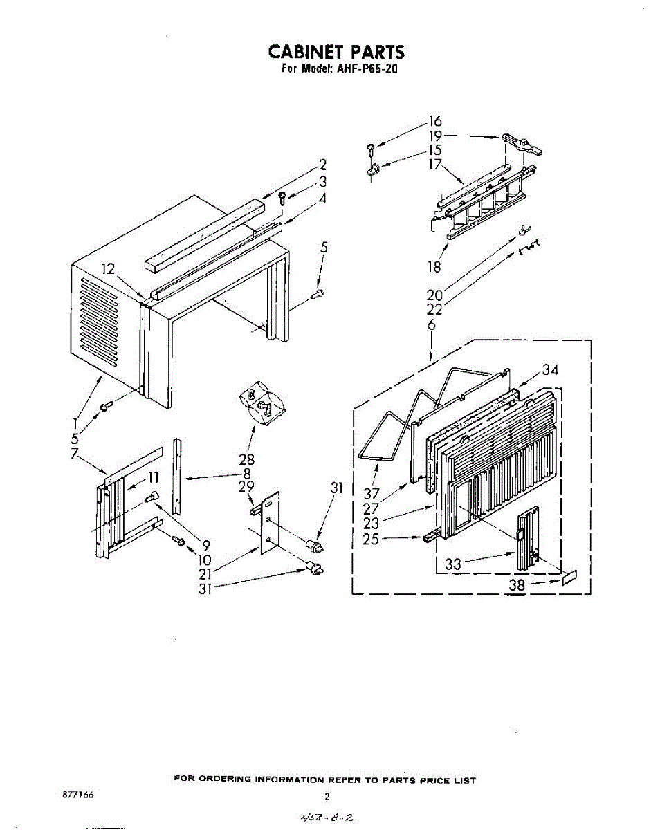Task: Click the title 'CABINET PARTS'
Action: (x=336, y=52)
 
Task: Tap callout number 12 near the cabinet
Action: (x=108, y=269)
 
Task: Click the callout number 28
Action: (x=246, y=459)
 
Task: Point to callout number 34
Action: (x=550, y=370)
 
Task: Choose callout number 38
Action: (x=515, y=585)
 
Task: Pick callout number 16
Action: (x=434, y=122)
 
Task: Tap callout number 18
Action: (x=434, y=267)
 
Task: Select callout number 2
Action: (x=322, y=165)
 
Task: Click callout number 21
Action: (x=205, y=573)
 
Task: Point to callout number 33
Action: (x=453, y=564)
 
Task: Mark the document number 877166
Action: (x=78, y=796)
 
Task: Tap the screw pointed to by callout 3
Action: (x=282, y=198)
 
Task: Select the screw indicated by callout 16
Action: (x=372, y=147)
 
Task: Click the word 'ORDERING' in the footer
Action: (x=226, y=780)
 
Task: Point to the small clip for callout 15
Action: (x=372, y=169)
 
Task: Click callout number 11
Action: (x=154, y=477)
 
